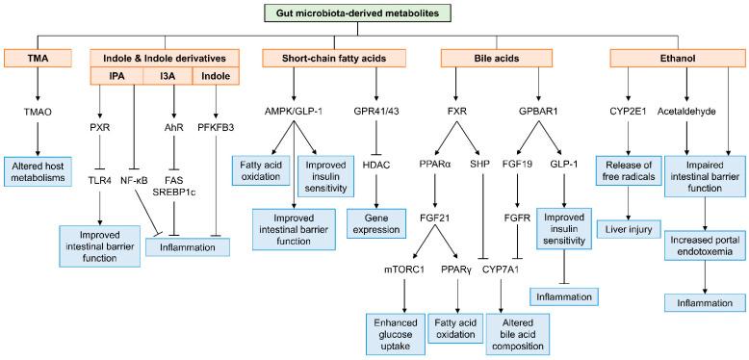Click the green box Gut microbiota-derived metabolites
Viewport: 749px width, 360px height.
[x=374, y=13]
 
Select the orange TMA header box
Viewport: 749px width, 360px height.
[x=39, y=58]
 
